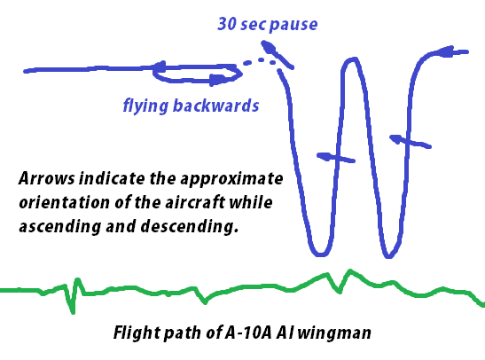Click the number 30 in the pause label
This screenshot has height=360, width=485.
227,24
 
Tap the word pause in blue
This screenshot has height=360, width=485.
293,25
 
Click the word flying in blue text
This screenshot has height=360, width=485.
145,106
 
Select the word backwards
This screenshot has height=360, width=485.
215,106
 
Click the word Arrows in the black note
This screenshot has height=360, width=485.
47,178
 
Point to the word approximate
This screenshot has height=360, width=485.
231,179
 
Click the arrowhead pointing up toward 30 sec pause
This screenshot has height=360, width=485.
268,47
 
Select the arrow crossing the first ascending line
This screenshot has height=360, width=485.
336,158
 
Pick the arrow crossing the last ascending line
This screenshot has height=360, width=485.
411,141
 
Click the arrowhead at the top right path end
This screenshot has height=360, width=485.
445,51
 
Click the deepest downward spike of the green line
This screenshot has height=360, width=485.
73,311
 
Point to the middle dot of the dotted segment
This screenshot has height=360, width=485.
261,60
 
